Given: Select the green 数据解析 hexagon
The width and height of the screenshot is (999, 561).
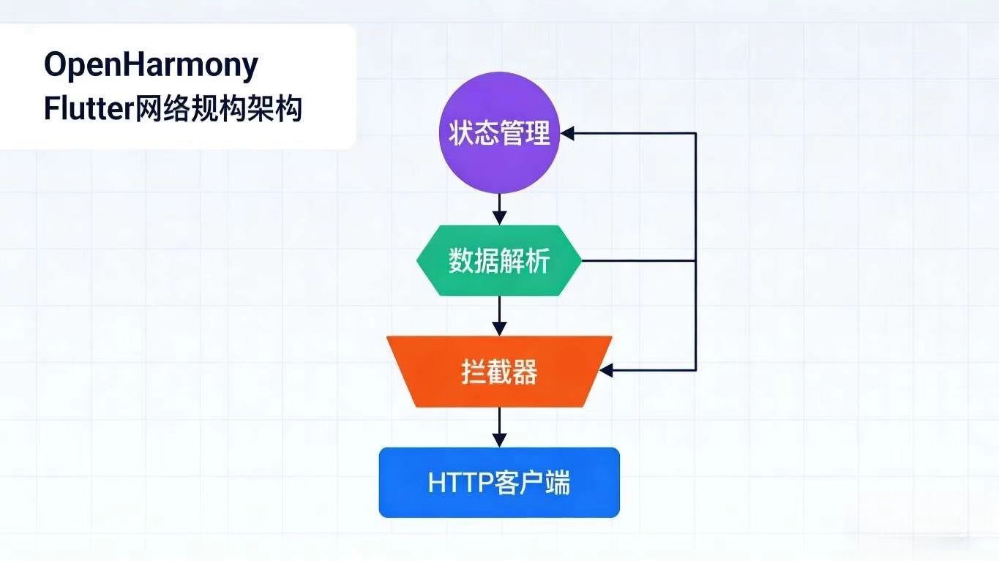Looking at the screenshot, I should point(499,261).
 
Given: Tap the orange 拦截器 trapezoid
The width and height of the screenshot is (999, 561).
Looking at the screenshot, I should point(499,372).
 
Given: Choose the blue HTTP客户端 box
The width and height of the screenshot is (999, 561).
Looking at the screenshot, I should point(499,483).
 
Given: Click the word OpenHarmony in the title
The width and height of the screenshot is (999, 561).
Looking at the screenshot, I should point(151,66).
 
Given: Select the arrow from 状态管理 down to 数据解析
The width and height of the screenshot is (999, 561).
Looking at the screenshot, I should point(499,208).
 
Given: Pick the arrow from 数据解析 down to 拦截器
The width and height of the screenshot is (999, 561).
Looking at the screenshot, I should point(499,316).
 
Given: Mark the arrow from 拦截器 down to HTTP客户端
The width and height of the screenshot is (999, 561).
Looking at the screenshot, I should point(499,427).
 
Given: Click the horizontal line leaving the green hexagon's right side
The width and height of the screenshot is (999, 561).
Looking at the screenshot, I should point(637,261).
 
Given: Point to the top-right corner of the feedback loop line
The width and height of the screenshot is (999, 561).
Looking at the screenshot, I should point(695,134).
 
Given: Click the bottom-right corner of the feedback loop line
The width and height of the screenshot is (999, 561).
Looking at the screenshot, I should point(695,371).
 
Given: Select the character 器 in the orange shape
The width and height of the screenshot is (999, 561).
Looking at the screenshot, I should point(525,372).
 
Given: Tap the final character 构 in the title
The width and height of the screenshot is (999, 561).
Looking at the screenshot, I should point(288,110).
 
